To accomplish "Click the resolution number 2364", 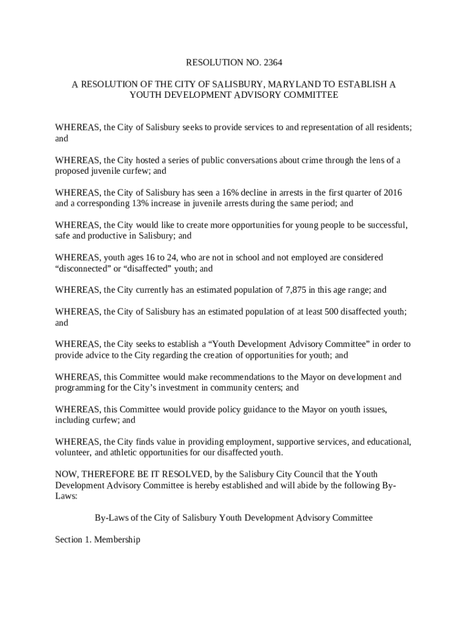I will pyautogui.click(x=272, y=62).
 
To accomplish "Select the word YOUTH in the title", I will pyautogui.click(x=143, y=95).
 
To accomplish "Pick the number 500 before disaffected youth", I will pyautogui.click(x=328, y=312).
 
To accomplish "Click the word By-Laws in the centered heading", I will pyautogui.click(x=111, y=518).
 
